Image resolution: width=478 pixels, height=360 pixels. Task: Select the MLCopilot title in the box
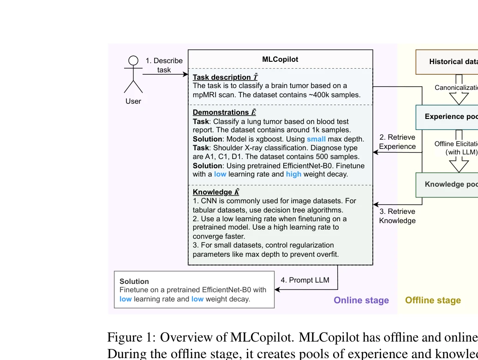[280, 59]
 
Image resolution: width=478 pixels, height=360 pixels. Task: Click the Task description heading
[222, 77]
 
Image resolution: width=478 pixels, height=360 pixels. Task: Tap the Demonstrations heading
[221, 112]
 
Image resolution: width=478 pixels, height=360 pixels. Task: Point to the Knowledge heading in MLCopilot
[213, 192]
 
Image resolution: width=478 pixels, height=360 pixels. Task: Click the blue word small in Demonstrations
[316, 139]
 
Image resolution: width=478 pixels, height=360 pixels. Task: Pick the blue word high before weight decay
[293, 174]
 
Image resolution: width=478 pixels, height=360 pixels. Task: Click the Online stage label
[361, 300]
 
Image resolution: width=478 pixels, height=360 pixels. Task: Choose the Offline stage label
[433, 300]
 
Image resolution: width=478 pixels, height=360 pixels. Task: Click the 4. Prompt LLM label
[305, 280]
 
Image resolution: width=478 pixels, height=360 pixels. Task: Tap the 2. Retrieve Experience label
[397, 142]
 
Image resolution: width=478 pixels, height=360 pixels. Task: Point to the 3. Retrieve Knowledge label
[397, 216]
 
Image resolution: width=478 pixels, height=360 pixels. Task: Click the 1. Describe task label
[164, 65]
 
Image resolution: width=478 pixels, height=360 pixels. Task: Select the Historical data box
[447, 62]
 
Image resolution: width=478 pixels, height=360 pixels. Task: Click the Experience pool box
[447, 117]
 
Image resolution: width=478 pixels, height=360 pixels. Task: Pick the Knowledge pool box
[447, 184]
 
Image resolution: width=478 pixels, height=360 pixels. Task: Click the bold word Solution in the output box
[134, 282]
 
